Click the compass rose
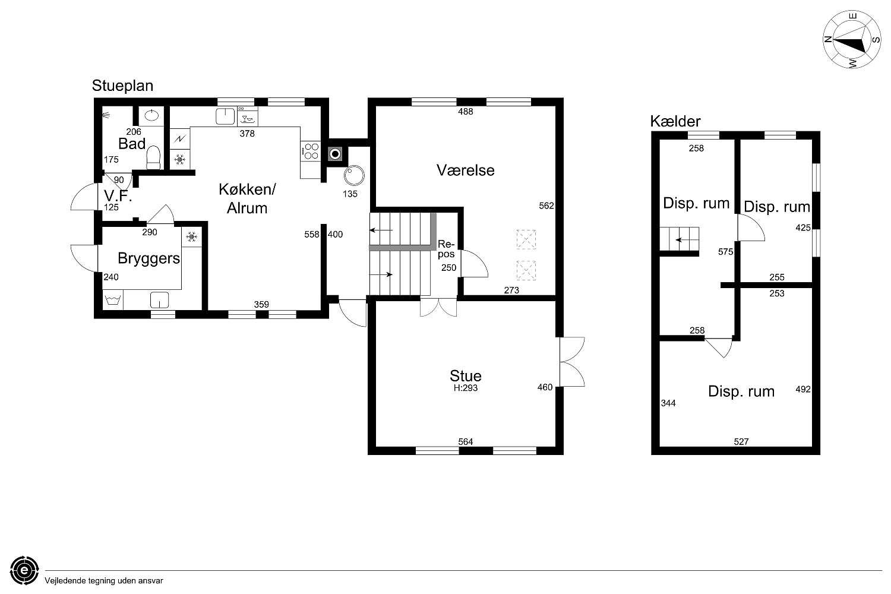[x=852, y=39]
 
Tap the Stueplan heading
[x=122, y=86]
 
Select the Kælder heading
[x=675, y=121]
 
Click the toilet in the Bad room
[x=153, y=157]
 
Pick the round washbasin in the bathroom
[x=151, y=115]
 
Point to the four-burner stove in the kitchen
[x=311, y=151]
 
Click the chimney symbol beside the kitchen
[x=336, y=154]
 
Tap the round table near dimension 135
[x=354, y=175]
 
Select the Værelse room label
[x=465, y=170]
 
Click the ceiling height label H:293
[x=465, y=388]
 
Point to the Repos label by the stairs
[x=446, y=249]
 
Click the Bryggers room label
[x=148, y=258]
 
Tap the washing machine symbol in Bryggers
[x=113, y=299]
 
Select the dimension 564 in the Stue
[x=465, y=441]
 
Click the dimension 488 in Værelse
[x=465, y=112]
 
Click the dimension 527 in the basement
[x=741, y=441]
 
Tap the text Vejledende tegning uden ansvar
[x=104, y=581]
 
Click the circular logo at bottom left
[x=24, y=570]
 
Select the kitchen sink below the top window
[x=225, y=116]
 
